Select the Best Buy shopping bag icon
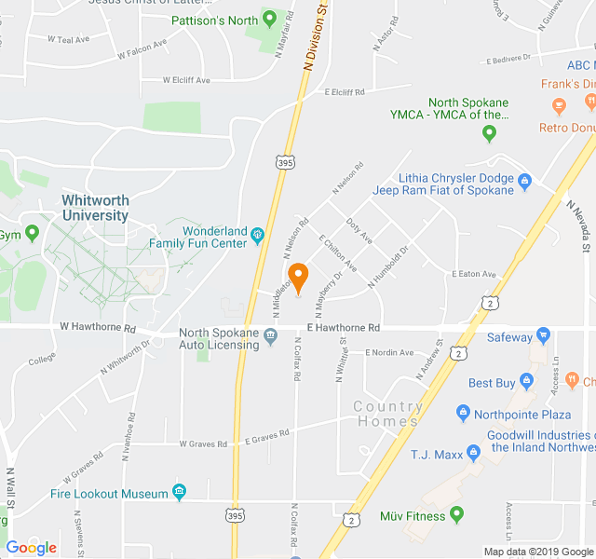tap(526, 382)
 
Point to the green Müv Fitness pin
tap(456, 513)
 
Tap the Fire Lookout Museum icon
tap(179, 493)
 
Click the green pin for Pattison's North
tap(270, 19)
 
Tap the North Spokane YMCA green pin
tap(489, 133)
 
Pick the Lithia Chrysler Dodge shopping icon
tap(524, 178)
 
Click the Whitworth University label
tap(96, 208)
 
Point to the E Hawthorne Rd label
tap(343, 328)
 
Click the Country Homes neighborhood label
tap(387, 414)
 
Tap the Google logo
tap(32, 548)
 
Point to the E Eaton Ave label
tap(473, 275)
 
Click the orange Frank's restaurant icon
tap(560, 103)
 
